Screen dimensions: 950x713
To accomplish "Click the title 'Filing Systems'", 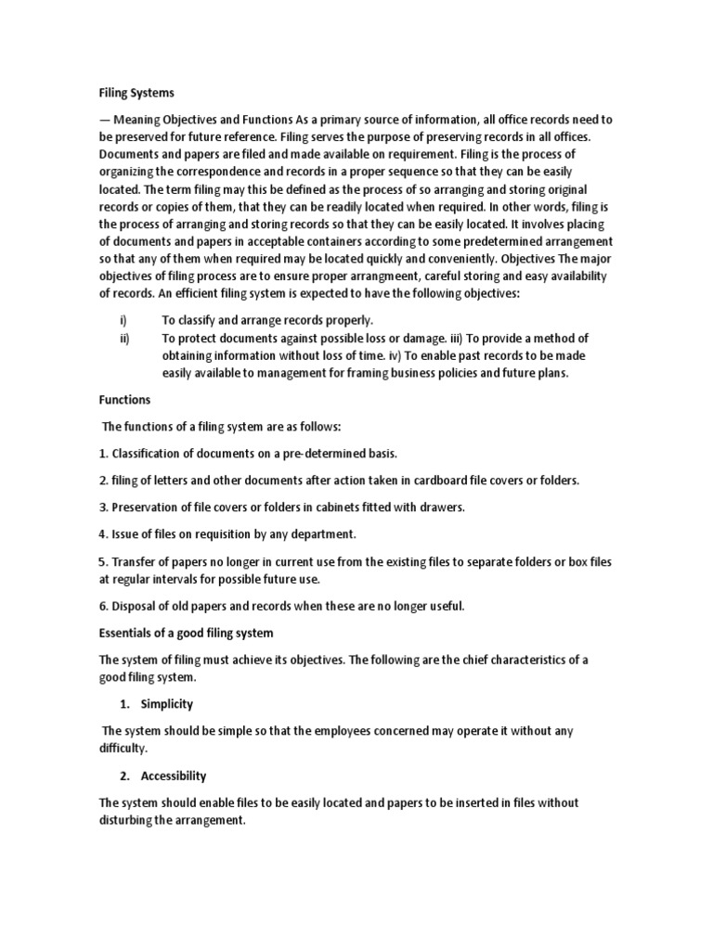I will coord(136,93).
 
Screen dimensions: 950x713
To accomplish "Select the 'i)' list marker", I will coord(124,320).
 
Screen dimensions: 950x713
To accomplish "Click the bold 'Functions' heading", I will coord(131,400).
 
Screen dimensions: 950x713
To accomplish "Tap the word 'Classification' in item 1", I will coord(149,454).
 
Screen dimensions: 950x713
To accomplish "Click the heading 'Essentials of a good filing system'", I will coord(187,633).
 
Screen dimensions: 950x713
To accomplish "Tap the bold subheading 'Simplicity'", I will coord(166,704).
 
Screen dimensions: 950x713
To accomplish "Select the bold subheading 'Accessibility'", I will coord(173,776).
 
